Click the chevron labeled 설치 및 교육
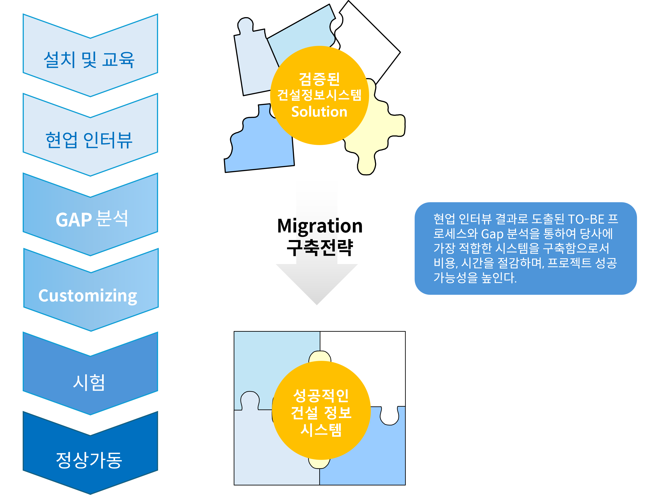coord(89,59)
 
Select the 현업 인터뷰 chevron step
coord(89,140)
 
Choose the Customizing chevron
coord(88,296)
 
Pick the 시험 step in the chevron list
coord(89,382)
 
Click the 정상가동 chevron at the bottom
coord(89,460)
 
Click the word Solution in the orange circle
coord(319,112)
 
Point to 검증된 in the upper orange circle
coord(319,79)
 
